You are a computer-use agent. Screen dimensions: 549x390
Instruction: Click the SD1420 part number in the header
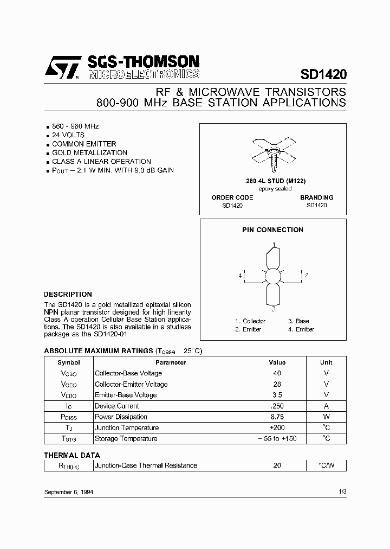[323, 74]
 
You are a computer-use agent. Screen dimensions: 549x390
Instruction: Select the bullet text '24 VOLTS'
[68, 135]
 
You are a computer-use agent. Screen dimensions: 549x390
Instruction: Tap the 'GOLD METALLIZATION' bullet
[89, 152]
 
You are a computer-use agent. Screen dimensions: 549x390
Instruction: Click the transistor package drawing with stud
[274, 154]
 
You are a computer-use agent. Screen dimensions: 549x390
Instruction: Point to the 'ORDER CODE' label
[232, 197]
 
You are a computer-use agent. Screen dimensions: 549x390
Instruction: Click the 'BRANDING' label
[316, 197]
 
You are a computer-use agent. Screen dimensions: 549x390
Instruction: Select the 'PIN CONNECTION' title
[272, 229]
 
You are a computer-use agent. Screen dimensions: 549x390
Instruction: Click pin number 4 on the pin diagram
[239, 276]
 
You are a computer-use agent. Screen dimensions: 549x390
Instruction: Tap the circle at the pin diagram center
[274, 276]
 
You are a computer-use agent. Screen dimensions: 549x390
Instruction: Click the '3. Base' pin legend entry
[298, 321]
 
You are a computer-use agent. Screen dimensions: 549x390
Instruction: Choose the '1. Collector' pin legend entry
[250, 321]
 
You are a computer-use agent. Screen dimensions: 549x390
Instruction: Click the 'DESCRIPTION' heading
[68, 295]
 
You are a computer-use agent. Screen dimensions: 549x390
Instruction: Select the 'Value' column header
[277, 362]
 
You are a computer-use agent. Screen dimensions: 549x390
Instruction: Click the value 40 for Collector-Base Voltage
[277, 373]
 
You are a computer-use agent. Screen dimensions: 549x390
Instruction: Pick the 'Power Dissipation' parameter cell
[121, 417]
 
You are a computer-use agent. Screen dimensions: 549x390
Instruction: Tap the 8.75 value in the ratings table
[277, 417]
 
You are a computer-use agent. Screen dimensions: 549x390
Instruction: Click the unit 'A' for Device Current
[326, 406]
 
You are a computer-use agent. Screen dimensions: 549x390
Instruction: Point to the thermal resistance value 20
[277, 465]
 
